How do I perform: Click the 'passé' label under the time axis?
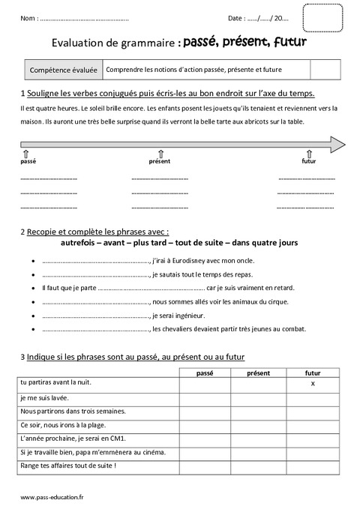pos(28,161)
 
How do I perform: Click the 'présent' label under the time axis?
pos(159,161)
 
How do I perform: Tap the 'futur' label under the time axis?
pos(308,161)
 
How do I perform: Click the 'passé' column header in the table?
pos(205,372)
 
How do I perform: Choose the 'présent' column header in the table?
pos(258,372)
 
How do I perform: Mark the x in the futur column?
pos(311,384)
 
